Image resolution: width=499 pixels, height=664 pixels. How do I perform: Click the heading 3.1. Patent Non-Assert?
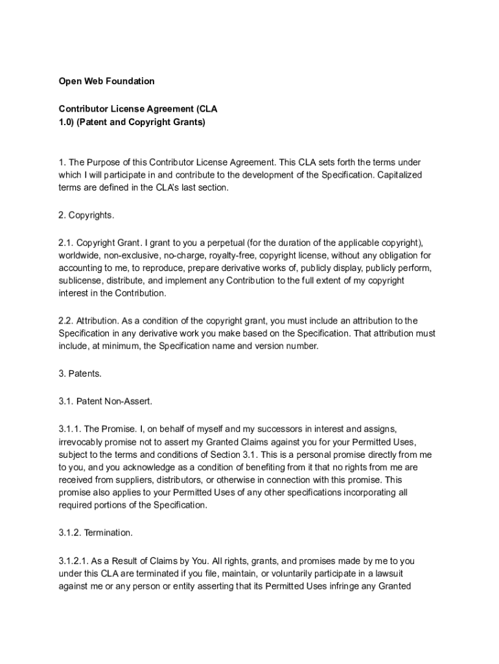point(106,401)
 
